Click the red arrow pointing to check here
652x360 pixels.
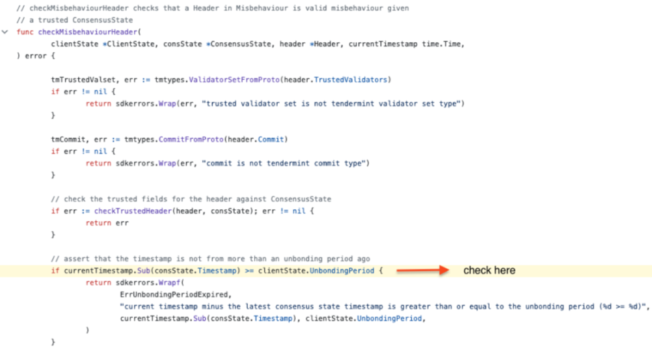tap(421, 270)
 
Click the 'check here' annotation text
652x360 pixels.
tap(489, 270)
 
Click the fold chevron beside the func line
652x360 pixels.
tap(5, 32)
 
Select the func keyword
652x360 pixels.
tap(24, 32)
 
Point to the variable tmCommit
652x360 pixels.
tap(68, 139)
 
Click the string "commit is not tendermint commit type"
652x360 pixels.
tap(285, 163)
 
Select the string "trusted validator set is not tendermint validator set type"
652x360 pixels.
tap(333, 103)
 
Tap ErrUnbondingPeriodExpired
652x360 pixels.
tap(174, 294)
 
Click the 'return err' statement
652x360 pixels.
tap(107, 223)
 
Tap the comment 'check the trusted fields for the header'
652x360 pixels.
tap(191, 199)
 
